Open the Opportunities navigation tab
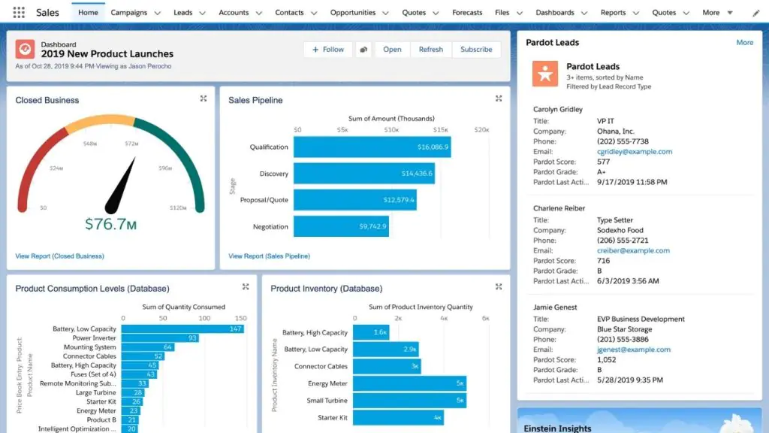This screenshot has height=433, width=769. click(x=352, y=13)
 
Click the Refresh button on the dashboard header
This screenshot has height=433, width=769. click(x=430, y=50)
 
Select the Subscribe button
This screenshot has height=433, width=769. click(x=476, y=50)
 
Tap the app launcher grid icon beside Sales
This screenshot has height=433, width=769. click(x=19, y=13)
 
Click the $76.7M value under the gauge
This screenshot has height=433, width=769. click(x=110, y=224)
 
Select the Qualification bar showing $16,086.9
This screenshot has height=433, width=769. click(x=372, y=147)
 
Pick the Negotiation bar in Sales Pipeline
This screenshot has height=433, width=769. click(x=341, y=226)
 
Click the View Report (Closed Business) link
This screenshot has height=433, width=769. click(x=59, y=256)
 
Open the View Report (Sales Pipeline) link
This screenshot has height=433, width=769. click(x=269, y=256)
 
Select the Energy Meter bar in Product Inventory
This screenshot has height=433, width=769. click(x=409, y=383)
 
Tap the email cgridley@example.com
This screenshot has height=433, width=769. click(x=634, y=152)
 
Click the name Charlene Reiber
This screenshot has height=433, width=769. click(x=559, y=208)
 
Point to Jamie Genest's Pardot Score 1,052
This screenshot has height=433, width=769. click(x=606, y=359)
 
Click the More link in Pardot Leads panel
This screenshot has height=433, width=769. click(x=744, y=43)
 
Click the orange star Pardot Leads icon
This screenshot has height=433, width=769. click(x=545, y=74)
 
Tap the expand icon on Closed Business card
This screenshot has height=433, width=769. click(x=204, y=98)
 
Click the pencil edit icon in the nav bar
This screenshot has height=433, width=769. click(x=755, y=14)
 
